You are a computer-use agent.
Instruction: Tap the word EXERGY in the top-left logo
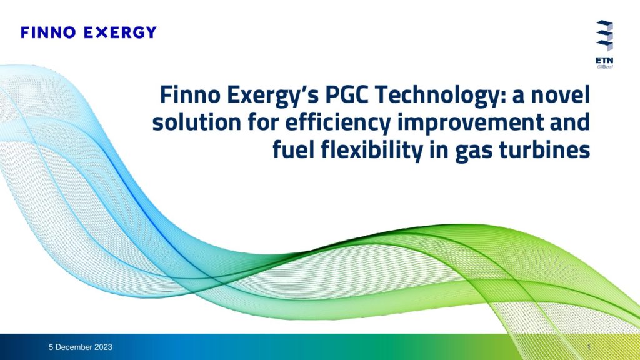120,32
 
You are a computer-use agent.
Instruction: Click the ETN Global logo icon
604,36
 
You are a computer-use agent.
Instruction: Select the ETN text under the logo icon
604,61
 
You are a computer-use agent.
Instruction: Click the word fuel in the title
294,149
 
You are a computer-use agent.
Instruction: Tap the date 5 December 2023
81,347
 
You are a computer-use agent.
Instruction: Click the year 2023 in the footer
103,347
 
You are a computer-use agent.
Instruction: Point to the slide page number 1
589,347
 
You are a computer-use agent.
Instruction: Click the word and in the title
570,122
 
